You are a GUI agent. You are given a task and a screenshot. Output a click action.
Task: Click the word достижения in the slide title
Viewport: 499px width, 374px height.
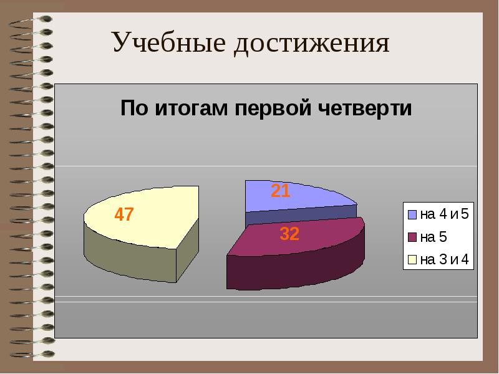coord(312,44)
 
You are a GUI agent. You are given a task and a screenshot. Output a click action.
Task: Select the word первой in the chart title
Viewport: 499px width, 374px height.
coord(272,108)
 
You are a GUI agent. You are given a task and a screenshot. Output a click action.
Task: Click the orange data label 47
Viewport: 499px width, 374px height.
coord(123,215)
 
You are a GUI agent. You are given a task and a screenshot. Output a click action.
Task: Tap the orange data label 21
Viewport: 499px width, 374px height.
coord(280,191)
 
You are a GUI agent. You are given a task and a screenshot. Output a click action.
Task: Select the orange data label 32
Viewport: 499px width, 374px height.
coord(289,234)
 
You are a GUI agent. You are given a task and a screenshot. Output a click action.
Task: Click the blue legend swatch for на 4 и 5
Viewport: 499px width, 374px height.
coord(412,215)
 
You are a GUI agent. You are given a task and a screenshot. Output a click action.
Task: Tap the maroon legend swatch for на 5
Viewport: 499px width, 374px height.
coord(412,237)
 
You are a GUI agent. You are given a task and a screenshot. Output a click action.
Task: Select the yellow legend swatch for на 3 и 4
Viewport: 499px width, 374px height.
coord(412,259)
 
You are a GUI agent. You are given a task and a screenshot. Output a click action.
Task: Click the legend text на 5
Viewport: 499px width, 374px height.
coord(433,237)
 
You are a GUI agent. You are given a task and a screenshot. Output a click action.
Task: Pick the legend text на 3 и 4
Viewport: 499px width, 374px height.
coord(444,259)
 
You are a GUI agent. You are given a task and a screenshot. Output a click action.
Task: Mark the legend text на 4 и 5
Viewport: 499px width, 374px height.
coord(444,215)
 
